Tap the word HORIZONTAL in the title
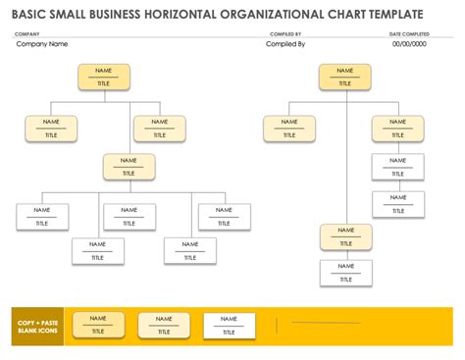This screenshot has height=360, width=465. (x=176, y=14)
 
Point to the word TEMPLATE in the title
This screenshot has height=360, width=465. (x=392, y=14)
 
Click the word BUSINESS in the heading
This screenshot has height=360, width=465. (x=111, y=14)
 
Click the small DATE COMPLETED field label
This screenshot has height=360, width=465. (x=408, y=34)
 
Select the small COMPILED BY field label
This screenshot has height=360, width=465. (x=285, y=34)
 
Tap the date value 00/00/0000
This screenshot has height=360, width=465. (x=409, y=44)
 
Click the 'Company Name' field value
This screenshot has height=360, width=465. (x=42, y=44)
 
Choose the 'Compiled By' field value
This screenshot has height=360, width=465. (x=285, y=44)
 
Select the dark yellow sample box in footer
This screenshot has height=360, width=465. (x=98, y=325)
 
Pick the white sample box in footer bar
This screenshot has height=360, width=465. (x=229, y=325)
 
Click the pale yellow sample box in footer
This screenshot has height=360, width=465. (x=164, y=325)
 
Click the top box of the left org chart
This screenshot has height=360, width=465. (x=103, y=77)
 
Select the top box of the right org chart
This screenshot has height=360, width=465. (x=344, y=77)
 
